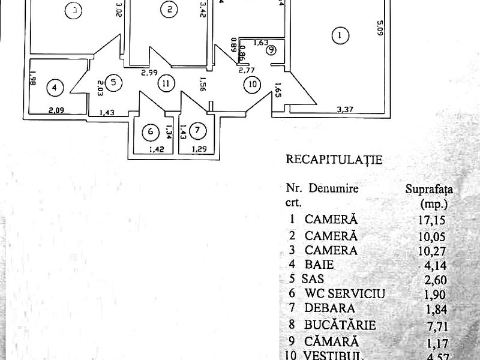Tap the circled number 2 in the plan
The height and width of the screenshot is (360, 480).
pyautogui.click(x=170, y=9)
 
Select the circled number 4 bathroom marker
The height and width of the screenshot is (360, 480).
pyautogui.click(x=55, y=88)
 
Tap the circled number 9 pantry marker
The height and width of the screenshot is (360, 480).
pyautogui.click(x=272, y=50)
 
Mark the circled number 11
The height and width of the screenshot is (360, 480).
pyautogui.click(x=165, y=84)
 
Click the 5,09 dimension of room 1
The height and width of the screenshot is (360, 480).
pyautogui.click(x=379, y=28)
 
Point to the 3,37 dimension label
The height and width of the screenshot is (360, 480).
pyautogui.click(x=344, y=109)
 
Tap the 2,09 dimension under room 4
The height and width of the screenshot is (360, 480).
pyautogui.click(x=56, y=109)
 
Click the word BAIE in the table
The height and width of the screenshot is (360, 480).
pyautogui.click(x=319, y=263)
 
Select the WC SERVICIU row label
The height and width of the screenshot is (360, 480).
pyautogui.click(x=344, y=293)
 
